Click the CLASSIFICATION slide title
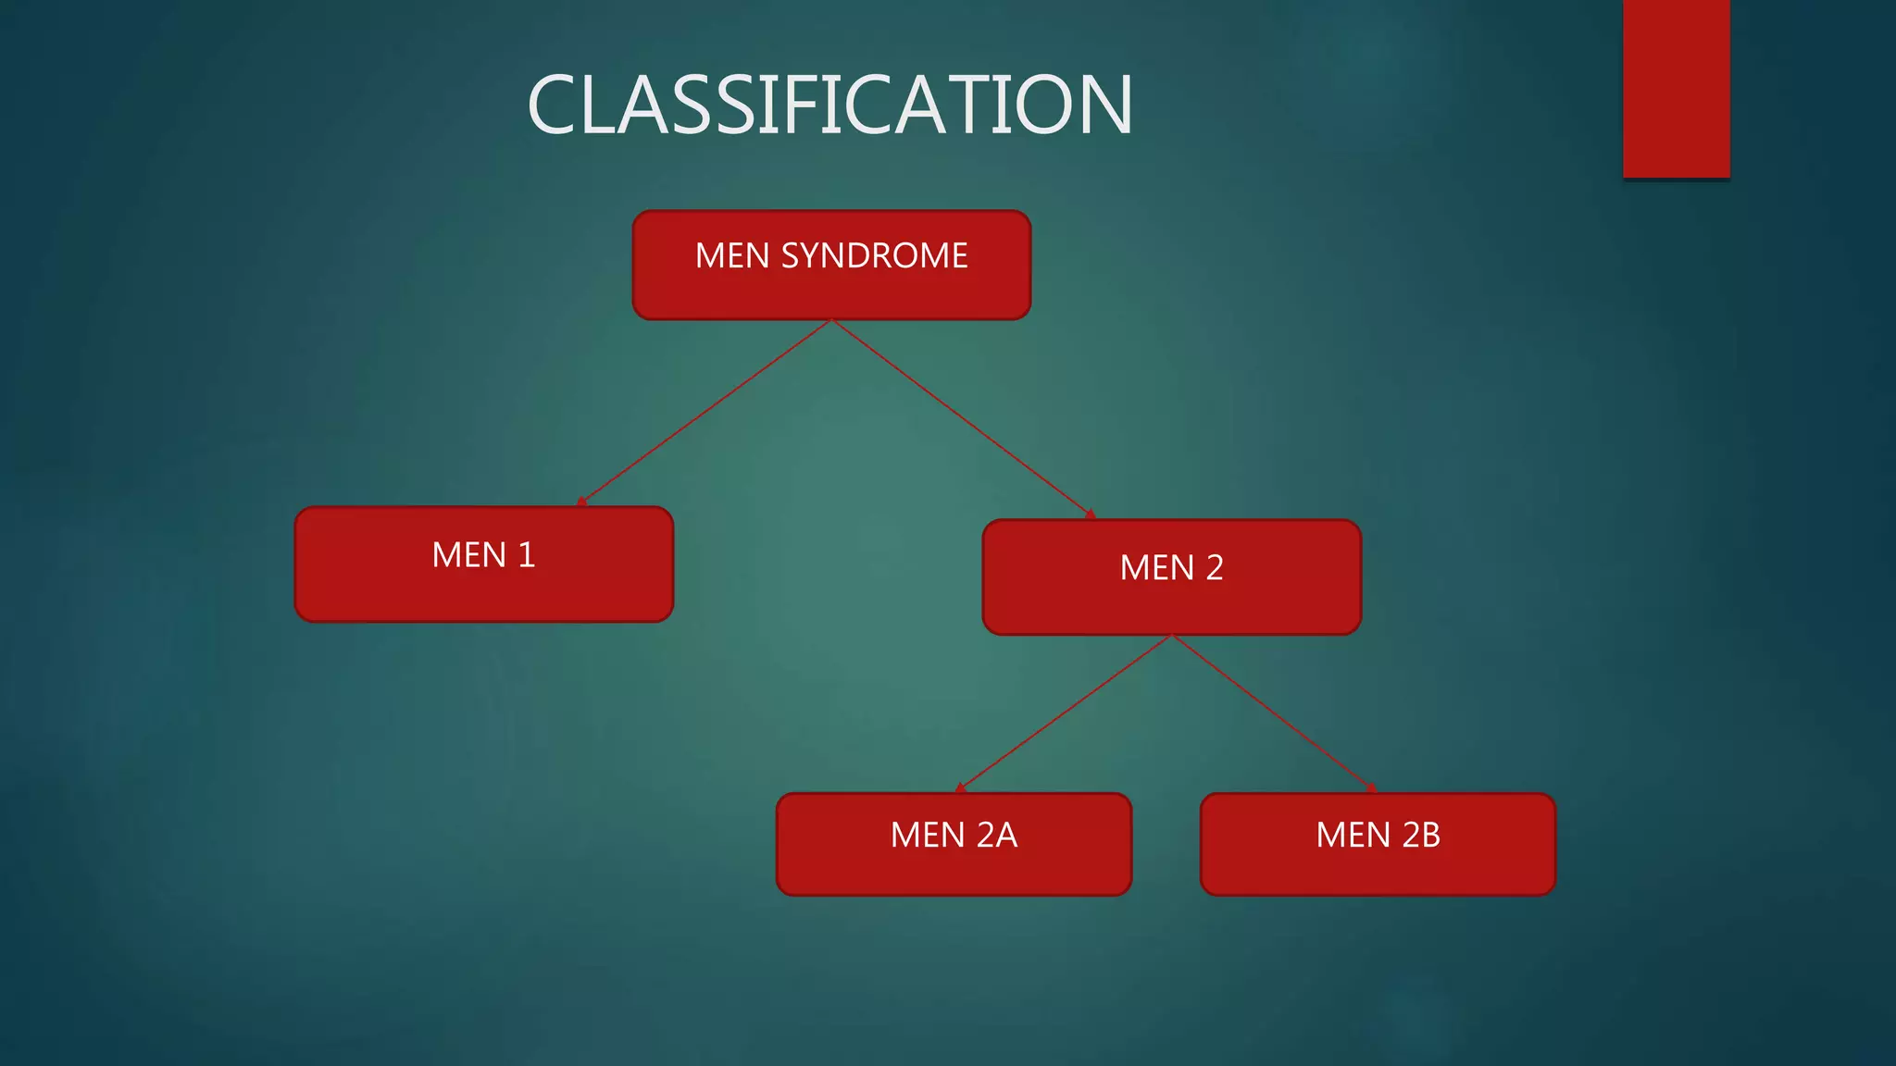tap(829, 105)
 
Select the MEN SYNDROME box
tap(831, 266)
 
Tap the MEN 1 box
tap(483, 564)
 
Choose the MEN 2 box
tap(1171, 577)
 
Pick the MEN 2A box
tap(954, 844)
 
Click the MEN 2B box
tap(1378, 844)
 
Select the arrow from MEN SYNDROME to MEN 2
tap(963, 418)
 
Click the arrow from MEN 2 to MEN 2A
tap(1065, 713)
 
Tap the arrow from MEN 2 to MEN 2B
tap(1273, 713)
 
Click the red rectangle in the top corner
tap(1676, 88)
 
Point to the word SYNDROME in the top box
tap(874, 255)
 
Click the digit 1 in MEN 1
tap(527, 555)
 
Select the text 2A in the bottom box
tap(997, 835)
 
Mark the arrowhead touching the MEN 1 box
tap(581, 502)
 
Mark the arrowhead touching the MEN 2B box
tap(1372, 788)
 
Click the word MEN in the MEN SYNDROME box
tap(732, 255)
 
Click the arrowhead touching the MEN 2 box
tap(1091, 514)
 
